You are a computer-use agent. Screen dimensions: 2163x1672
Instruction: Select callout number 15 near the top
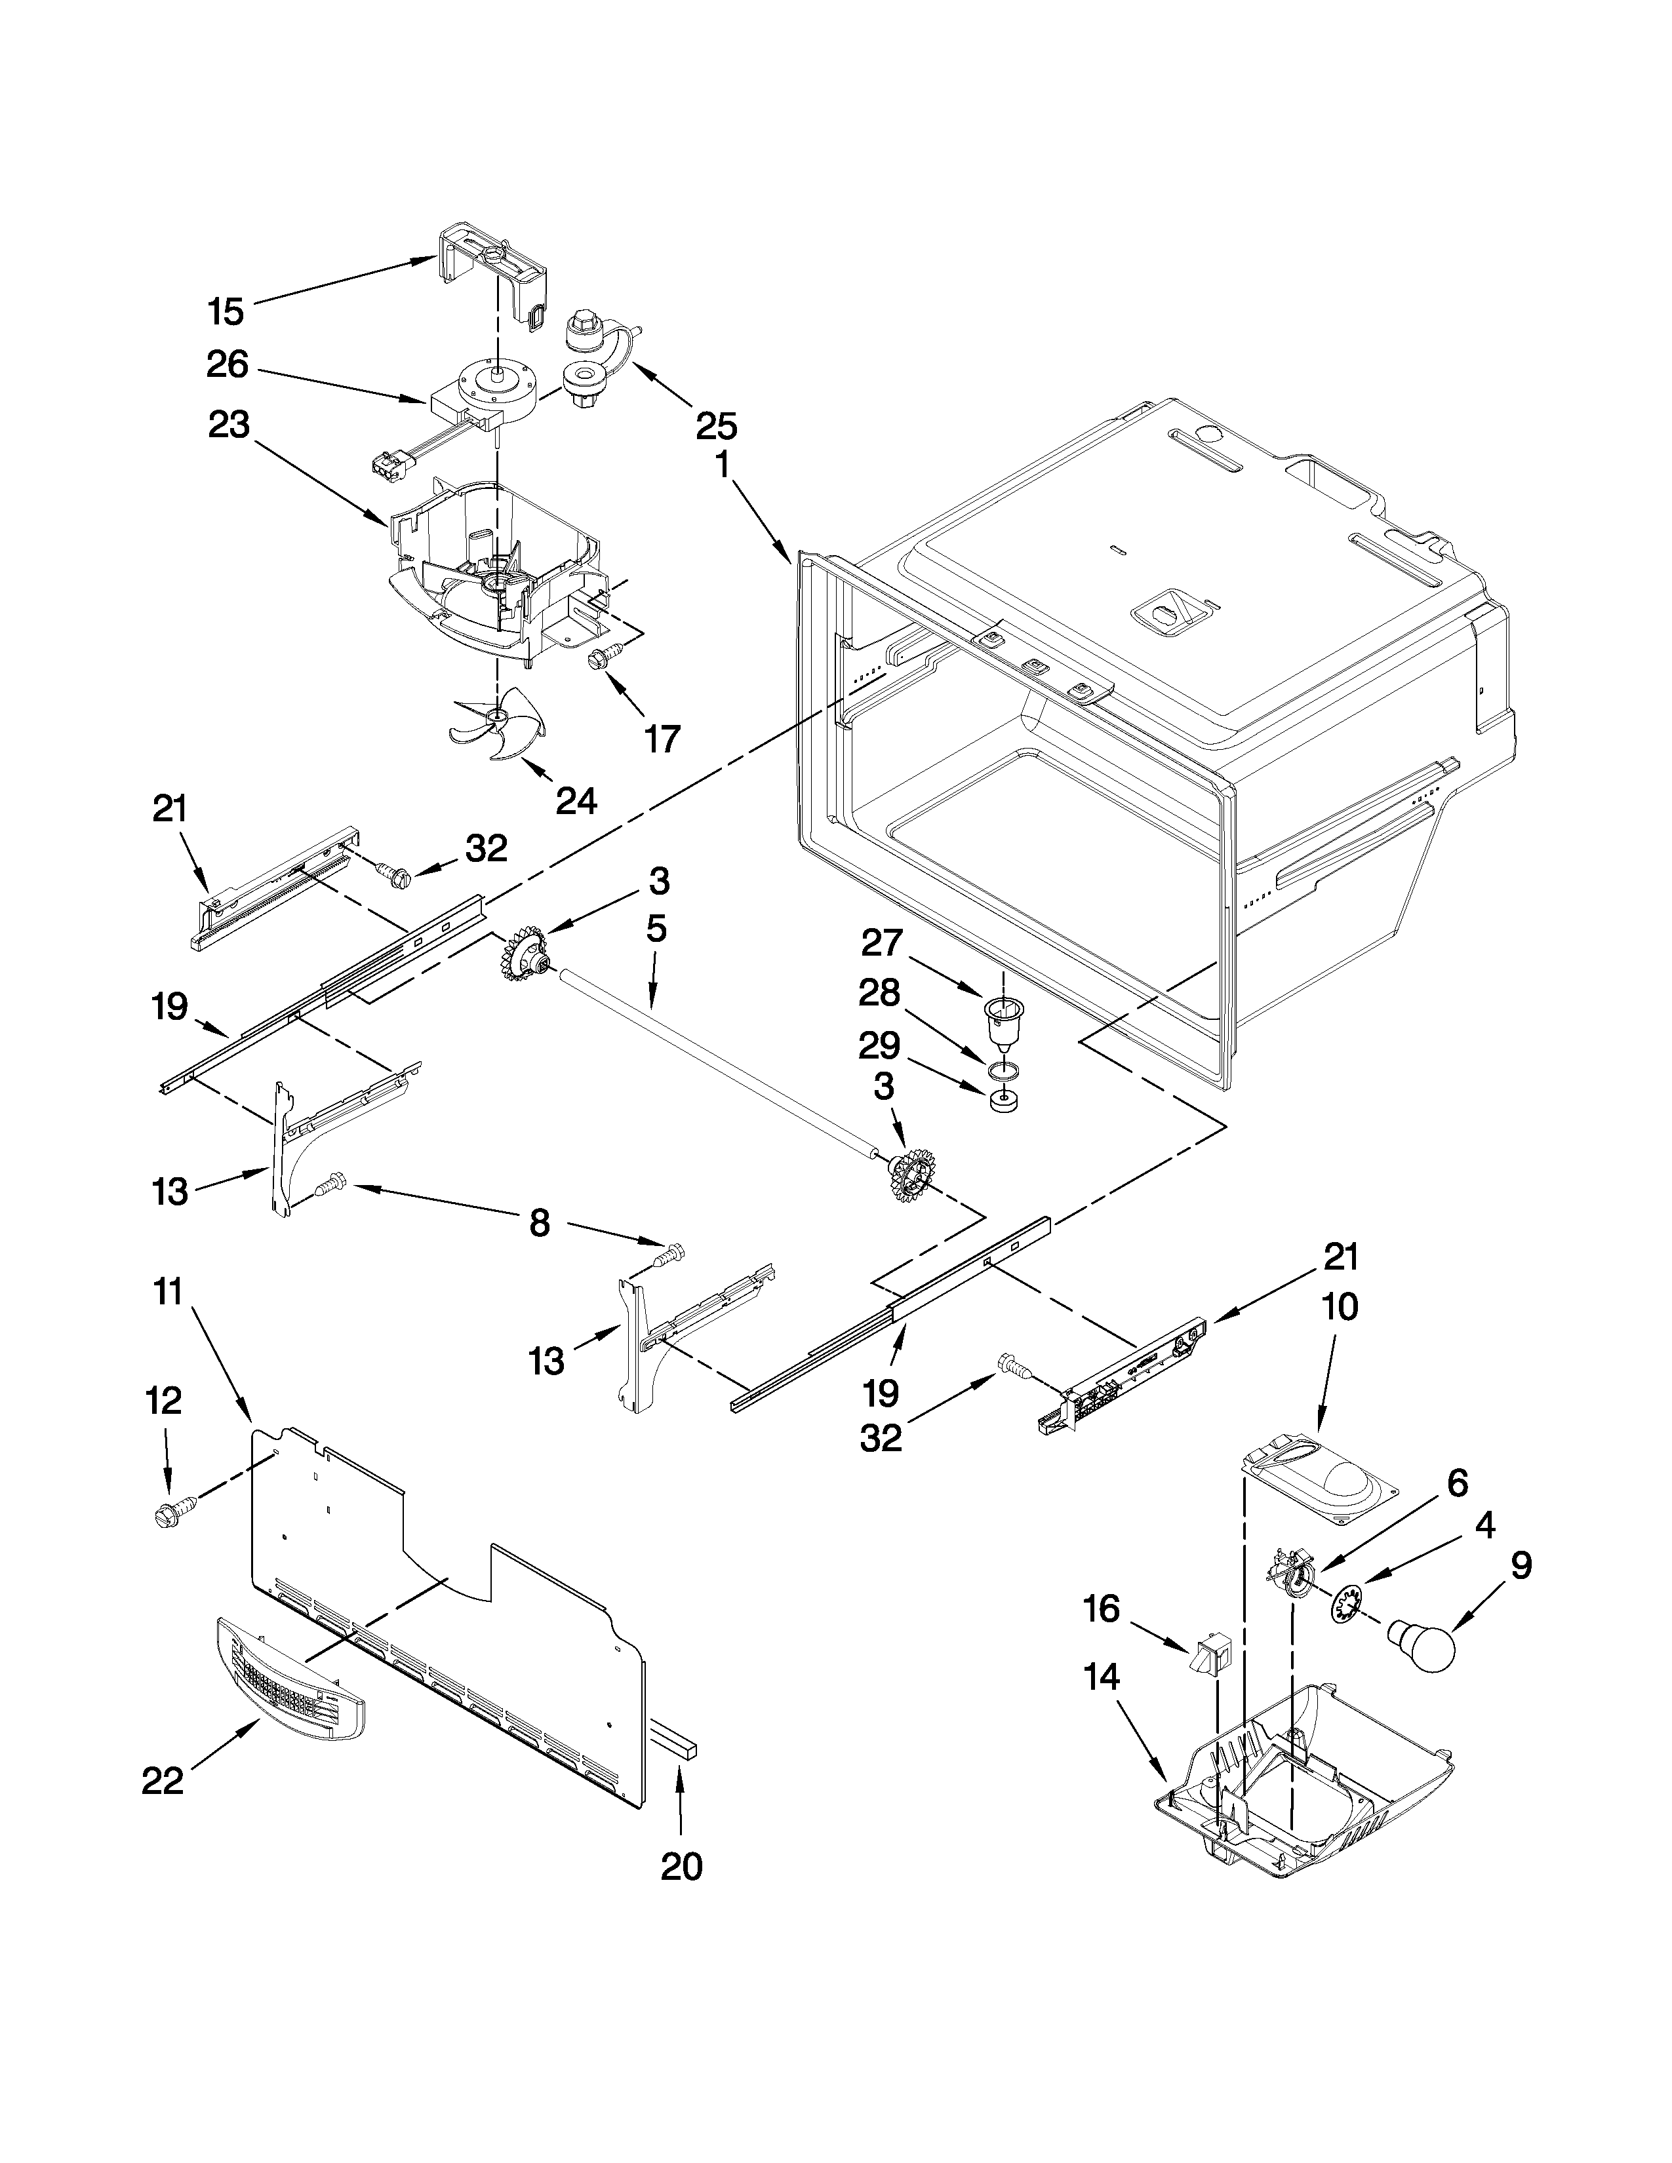click(x=226, y=312)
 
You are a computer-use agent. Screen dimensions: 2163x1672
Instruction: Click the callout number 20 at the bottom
click(x=681, y=1866)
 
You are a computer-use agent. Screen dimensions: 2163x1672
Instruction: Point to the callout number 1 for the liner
click(x=723, y=463)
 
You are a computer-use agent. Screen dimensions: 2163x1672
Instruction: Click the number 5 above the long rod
click(x=656, y=928)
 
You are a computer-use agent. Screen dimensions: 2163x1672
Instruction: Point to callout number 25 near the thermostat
click(x=716, y=426)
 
